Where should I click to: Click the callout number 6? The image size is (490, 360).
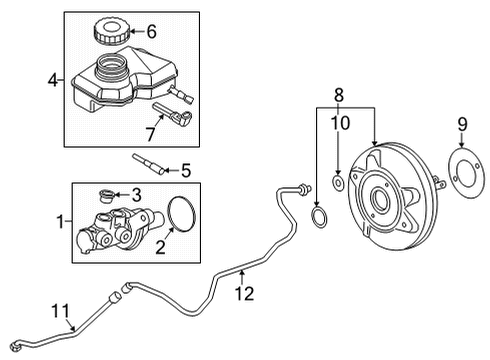click(151, 32)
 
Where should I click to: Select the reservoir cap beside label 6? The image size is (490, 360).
click(109, 33)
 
